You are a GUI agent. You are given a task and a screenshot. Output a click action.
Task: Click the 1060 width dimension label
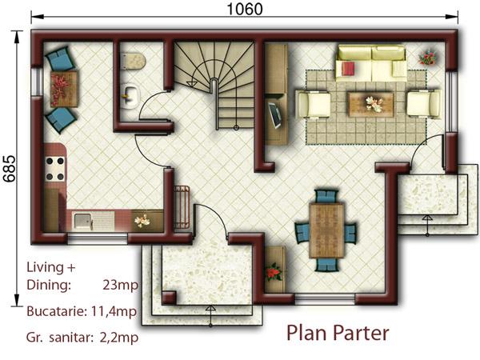245,9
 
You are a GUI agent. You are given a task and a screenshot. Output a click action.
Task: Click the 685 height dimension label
9,169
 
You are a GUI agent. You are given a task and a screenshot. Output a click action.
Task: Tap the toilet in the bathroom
133,61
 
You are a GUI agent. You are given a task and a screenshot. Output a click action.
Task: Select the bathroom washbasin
130,96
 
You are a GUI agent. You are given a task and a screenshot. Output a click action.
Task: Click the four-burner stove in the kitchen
55,169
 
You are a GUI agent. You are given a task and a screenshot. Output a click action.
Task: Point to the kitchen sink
83,222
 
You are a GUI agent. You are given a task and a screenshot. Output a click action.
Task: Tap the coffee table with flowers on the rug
370,104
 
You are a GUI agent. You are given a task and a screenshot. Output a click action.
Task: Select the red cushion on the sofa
348,69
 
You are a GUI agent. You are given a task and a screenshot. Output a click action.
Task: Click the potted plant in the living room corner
427,58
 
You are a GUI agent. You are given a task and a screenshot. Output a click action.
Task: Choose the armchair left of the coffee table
313,104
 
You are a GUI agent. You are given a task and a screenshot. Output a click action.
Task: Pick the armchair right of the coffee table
424,104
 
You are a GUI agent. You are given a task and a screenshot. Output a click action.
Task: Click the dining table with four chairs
326,231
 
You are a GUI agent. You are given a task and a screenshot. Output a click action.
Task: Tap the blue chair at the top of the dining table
326,197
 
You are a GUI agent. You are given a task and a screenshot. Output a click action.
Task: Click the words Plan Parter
338,333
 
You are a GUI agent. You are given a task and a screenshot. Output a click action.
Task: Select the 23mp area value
120,286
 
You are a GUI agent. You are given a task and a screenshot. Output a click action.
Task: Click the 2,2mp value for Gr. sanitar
119,338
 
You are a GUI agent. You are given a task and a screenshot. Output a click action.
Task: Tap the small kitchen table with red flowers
64,89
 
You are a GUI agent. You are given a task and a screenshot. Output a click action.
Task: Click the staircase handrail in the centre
216,104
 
